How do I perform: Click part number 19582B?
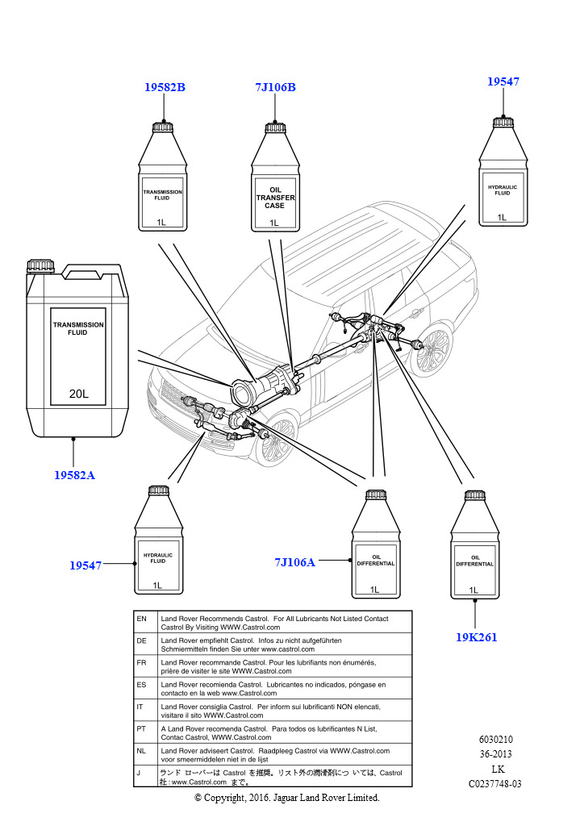tap(165, 87)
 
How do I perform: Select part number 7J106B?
tap(274, 87)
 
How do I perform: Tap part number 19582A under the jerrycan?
tap(74, 475)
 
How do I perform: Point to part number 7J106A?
tap(294, 562)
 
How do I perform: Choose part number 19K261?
tap(476, 637)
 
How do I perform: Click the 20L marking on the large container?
tap(78, 394)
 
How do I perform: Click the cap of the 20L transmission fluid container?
tap(40, 265)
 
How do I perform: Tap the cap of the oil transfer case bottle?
tap(274, 127)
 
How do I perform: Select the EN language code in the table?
tap(142, 619)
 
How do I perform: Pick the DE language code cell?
tap(142, 640)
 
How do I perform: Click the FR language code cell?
tap(142, 661)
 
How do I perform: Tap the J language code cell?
tap(142, 773)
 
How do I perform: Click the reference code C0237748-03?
tap(495, 783)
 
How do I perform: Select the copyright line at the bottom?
tap(286, 798)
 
